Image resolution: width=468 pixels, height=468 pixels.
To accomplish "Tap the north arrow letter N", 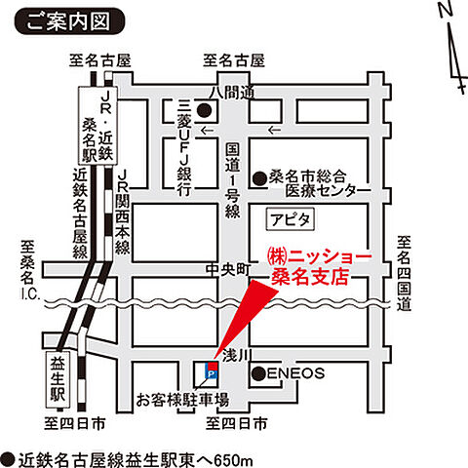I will click(x=444, y=11).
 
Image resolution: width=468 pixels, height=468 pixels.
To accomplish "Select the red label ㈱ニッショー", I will click(x=318, y=255).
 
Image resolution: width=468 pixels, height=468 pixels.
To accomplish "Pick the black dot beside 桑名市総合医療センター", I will click(x=259, y=177).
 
